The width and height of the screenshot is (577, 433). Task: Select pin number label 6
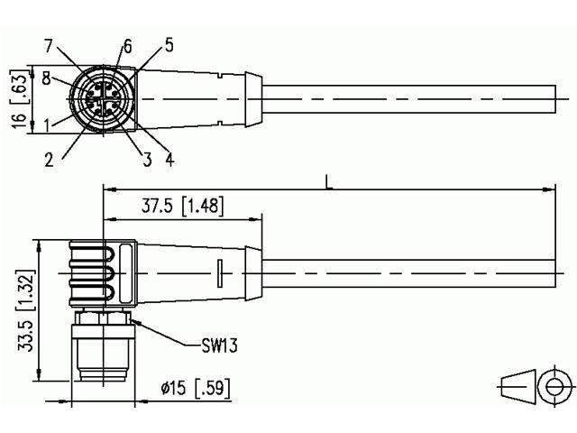[x=127, y=45]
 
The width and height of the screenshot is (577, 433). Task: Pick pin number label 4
[x=169, y=161]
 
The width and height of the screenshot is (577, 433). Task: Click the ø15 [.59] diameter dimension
[x=195, y=390]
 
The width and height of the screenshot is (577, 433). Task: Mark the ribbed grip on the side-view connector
[x=91, y=272]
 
